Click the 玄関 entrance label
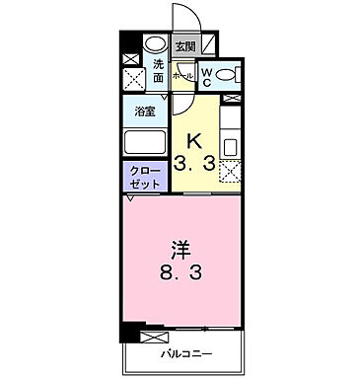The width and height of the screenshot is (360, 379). click(184, 46)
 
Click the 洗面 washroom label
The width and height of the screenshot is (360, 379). click(158, 72)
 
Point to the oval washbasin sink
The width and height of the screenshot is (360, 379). click(155, 45)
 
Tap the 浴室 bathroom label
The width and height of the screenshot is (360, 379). click(145, 111)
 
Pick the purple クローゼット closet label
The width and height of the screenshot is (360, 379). click(143, 177)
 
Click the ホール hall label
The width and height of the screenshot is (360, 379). click(182, 74)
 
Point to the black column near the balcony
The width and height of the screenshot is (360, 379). click(128, 333)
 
